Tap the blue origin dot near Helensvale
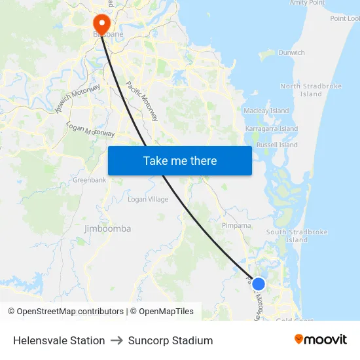(259, 284)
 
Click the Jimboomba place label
(107, 228)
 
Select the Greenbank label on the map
(89, 179)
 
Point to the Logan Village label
(148, 200)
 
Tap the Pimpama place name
(236, 225)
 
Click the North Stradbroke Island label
(302, 90)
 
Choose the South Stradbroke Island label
(297, 236)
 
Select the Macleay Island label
(266, 111)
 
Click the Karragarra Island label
(270, 129)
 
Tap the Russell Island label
(277, 145)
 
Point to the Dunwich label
(291, 52)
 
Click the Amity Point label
(307, 3)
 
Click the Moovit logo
(321, 340)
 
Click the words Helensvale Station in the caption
(59, 340)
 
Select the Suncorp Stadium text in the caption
(170, 340)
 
